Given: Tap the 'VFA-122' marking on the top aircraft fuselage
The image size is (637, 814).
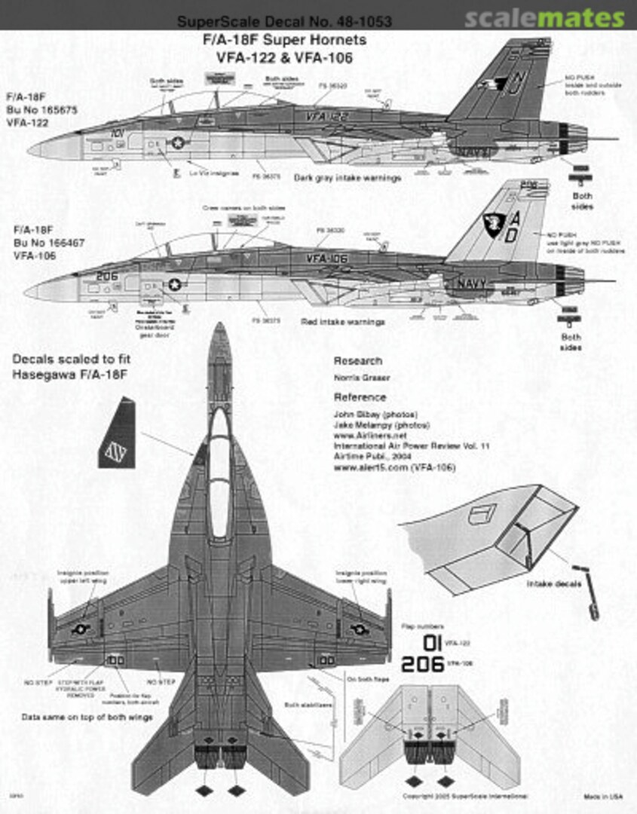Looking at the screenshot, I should tap(326, 117).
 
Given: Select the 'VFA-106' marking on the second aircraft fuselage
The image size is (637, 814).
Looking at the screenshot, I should tap(326, 258).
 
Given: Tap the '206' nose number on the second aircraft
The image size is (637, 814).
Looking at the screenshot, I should tap(107, 276).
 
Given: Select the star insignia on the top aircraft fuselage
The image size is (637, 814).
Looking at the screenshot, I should tap(178, 142).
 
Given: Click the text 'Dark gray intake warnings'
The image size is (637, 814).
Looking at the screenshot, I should tap(348, 179).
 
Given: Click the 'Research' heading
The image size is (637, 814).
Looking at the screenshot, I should tap(357, 361).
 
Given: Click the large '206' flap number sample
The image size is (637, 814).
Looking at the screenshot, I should tap(422, 664).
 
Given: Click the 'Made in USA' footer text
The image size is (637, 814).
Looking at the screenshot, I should tap(602, 796).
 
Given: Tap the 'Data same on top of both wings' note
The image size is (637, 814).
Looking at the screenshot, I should tap(87, 717).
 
